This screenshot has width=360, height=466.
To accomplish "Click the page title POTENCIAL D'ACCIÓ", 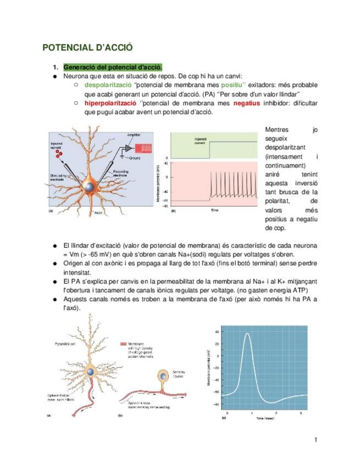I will click(x=88, y=48).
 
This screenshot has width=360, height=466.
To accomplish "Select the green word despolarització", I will click(x=107, y=85).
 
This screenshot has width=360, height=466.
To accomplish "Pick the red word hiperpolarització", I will click(x=110, y=103).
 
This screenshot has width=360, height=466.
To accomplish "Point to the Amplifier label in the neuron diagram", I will click(x=134, y=135).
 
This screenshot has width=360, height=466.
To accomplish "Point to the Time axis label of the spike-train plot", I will click(x=214, y=210).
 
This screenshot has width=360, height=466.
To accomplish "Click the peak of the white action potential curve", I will click(x=248, y=334).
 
